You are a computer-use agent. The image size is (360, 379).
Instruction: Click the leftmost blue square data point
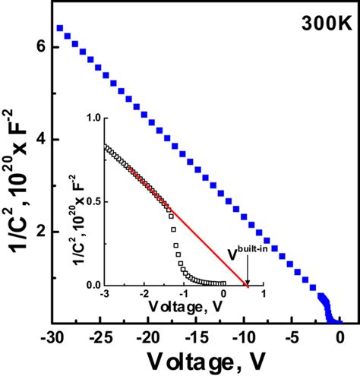(60, 28)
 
